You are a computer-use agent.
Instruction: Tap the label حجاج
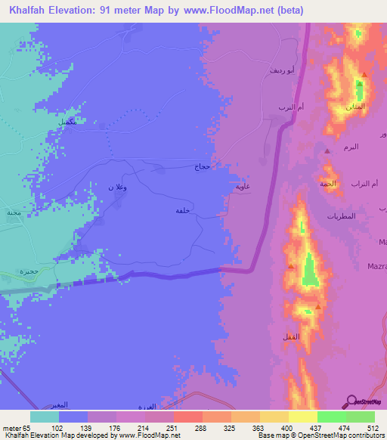click(202, 166)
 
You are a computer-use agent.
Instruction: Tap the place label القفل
click(289, 335)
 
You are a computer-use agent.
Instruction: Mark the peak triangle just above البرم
click(327, 151)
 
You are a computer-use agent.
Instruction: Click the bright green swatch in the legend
click(331, 417)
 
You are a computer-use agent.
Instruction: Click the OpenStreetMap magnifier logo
click(351, 400)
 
